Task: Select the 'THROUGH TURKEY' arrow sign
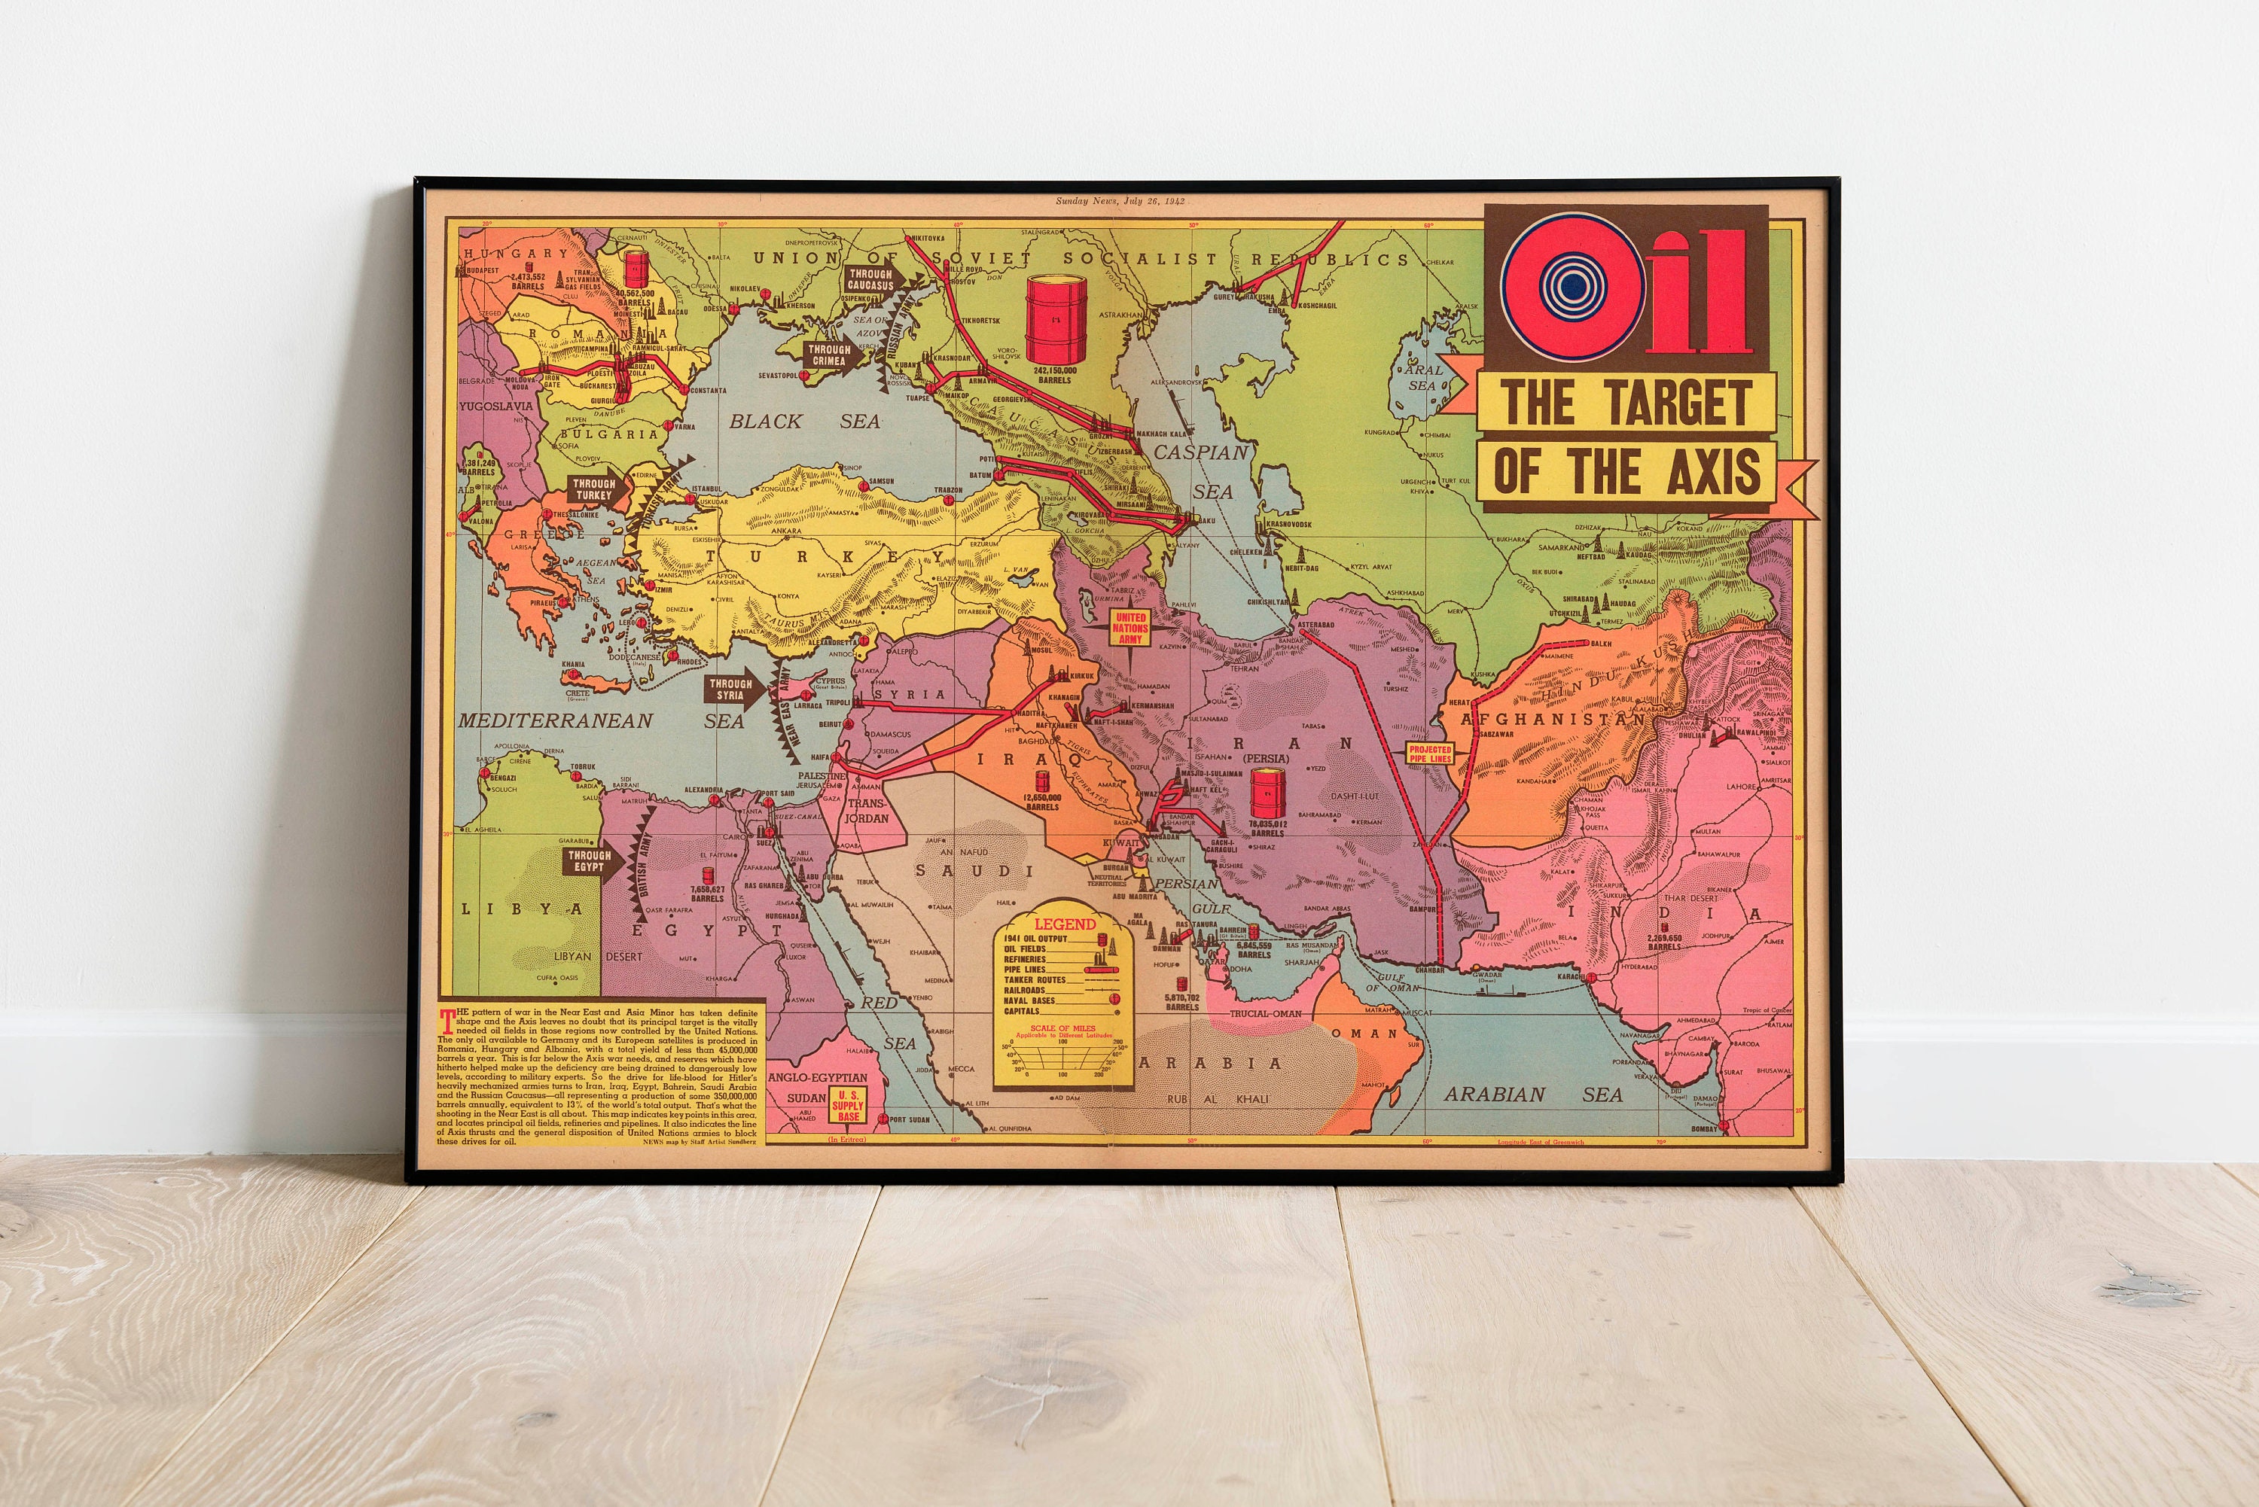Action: (596, 489)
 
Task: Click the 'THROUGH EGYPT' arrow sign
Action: (591, 860)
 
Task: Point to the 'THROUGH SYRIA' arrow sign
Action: (733, 689)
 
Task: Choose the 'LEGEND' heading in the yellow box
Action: (1064, 924)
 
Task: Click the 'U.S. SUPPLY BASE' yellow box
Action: (848, 1105)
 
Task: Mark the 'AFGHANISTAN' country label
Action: (1553, 718)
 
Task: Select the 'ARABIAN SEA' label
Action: (1532, 1094)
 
